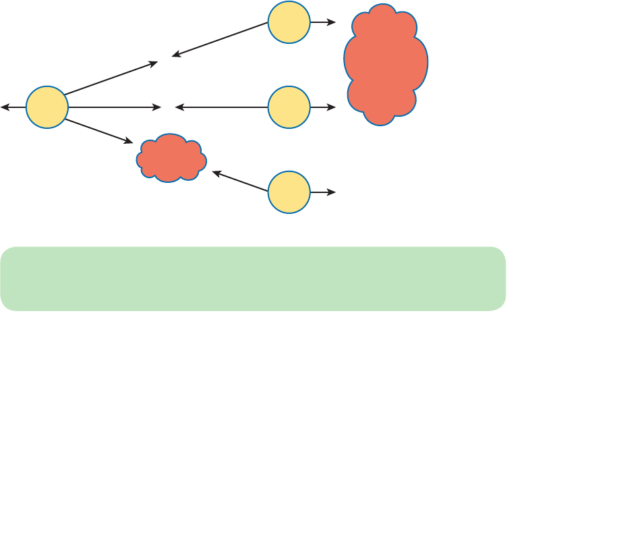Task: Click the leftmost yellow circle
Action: [x=47, y=107]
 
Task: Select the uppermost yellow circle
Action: [x=289, y=22]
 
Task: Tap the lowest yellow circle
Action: [x=289, y=192]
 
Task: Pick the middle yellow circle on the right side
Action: [x=289, y=107]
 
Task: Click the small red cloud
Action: [x=171, y=159]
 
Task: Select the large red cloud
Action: [x=386, y=65]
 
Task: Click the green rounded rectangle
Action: [x=253, y=279]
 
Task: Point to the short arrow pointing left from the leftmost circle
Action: [x=13, y=107]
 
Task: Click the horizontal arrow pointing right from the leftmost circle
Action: [x=115, y=107]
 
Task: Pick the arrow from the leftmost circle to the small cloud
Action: [x=99, y=131]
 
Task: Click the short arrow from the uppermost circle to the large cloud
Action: [x=323, y=22]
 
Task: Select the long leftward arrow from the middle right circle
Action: [x=222, y=107]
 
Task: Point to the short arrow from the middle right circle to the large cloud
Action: [x=323, y=107]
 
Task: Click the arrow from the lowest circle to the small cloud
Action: [x=241, y=182]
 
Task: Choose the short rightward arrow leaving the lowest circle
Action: [x=323, y=192]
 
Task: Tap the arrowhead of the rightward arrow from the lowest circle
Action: [x=332, y=192]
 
